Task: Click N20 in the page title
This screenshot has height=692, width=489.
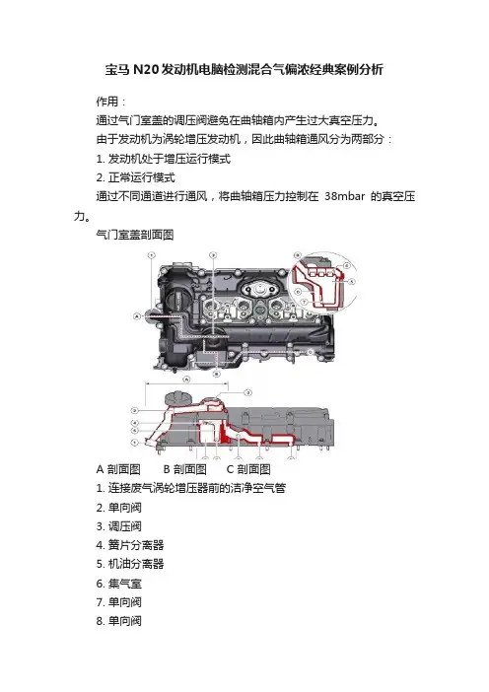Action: pyautogui.click(x=145, y=69)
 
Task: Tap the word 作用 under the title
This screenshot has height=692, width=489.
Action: pyautogui.click(x=107, y=102)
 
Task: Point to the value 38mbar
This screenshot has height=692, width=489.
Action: pyautogui.click(x=345, y=196)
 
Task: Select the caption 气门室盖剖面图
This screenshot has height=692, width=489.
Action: pyautogui.click(x=135, y=235)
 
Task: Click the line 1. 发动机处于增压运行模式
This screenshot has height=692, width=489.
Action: pyautogui.click(x=164, y=159)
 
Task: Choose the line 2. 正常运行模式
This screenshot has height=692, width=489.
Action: pyautogui.click(x=135, y=177)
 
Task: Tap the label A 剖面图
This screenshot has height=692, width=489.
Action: pyautogui.click(x=118, y=469)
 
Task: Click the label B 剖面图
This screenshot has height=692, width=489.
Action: pyautogui.click(x=185, y=469)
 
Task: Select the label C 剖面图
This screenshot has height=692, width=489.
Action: pyautogui.click(x=248, y=469)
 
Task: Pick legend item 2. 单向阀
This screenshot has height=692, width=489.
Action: pyautogui.click(x=118, y=508)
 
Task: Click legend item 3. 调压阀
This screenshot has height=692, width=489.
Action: pyautogui.click(x=118, y=526)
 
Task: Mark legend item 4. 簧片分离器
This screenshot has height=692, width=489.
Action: pyautogui.click(x=130, y=545)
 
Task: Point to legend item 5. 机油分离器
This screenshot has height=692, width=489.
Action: pyautogui.click(x=130, y=564)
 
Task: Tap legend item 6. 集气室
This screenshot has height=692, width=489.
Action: pyautogui.click(x=118, y=584)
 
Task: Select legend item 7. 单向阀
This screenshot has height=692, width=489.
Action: pyautogui.click(x=118, y=602)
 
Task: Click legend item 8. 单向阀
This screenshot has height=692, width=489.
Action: pyautogui.click(x=118, y=621)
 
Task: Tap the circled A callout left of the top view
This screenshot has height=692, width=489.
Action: pyautogui.click(x=137, y=316)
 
